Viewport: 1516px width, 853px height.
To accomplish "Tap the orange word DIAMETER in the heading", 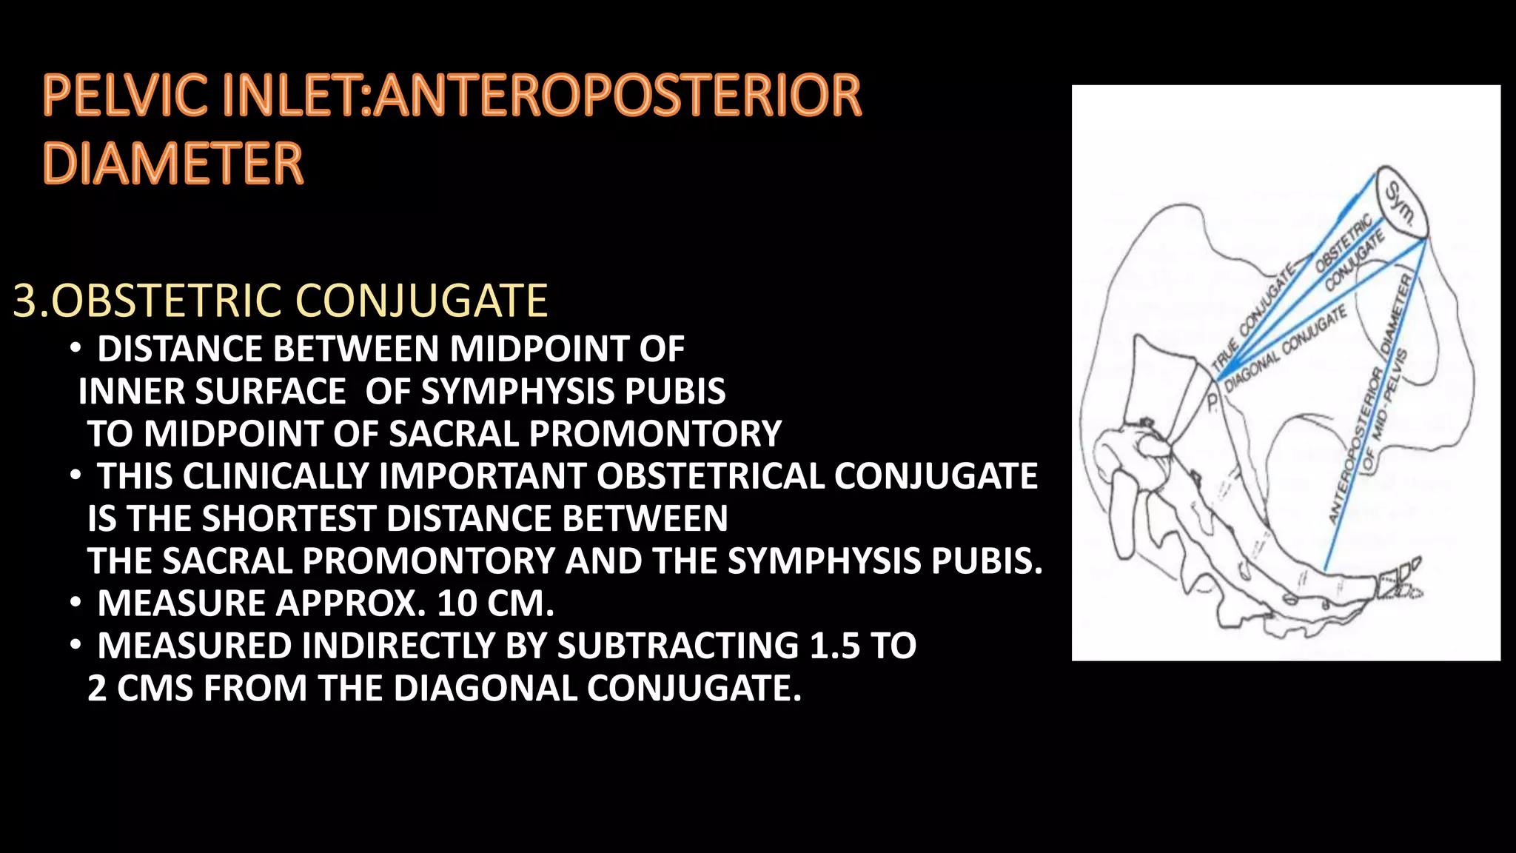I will pos(173,164).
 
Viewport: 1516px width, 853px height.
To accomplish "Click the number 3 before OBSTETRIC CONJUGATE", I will pos(24,301).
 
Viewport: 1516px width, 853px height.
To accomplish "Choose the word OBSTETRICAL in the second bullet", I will pos(710,476).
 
